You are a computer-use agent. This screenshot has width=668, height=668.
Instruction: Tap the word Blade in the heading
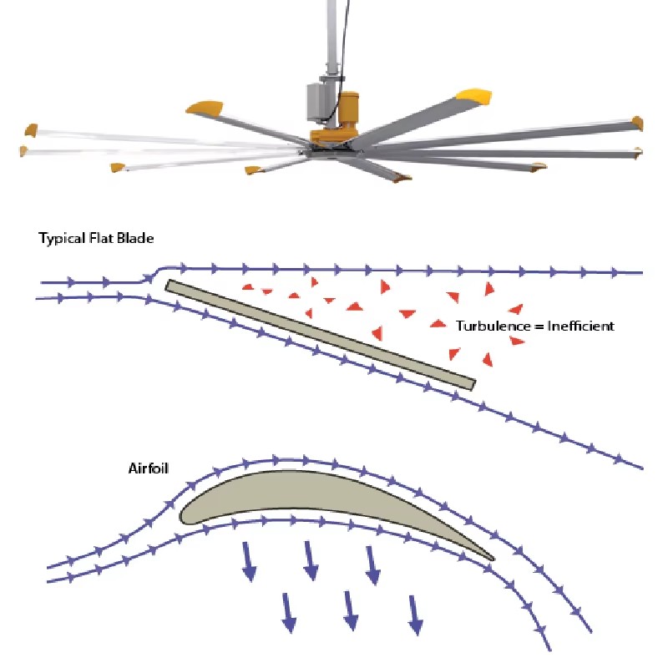tap(135, 238)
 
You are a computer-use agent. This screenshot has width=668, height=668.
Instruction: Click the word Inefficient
tap(580, 326)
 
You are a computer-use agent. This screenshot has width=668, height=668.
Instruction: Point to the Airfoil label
tap(149, 468)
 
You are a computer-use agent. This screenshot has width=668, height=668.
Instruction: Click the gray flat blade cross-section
tap(321, 335)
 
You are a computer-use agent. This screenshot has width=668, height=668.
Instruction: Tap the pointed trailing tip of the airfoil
tap(493, 559)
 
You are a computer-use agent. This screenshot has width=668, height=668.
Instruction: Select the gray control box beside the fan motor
tap(319, 101)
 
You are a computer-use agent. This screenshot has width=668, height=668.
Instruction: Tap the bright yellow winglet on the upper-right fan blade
tap(474, 97)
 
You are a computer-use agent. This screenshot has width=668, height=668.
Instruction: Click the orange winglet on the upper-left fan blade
tap(205, 108)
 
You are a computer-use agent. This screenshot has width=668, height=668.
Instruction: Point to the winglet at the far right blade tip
tap(638, 124)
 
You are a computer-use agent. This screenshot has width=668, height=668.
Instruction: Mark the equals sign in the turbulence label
tap(539, 326)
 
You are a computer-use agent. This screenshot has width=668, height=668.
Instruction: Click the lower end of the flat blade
tap(473, 385)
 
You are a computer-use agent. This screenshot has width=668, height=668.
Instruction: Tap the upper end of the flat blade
tap(168, 285)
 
